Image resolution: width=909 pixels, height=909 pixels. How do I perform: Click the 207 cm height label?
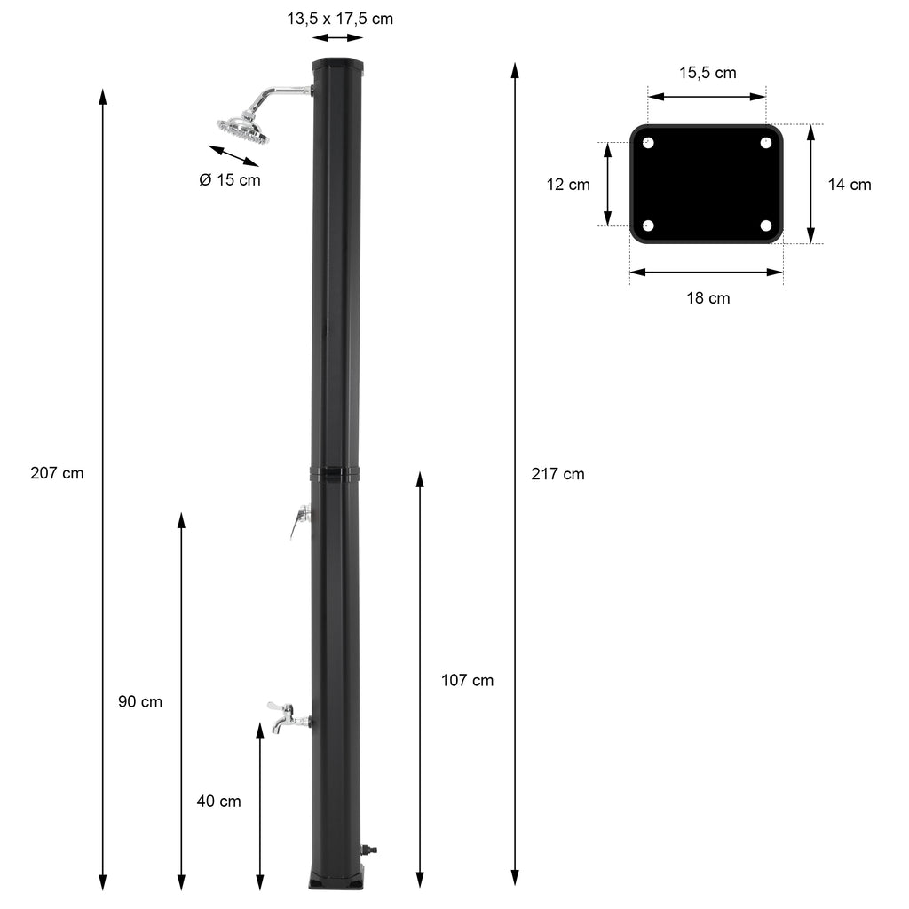pyautogui.click(x=57, y=473)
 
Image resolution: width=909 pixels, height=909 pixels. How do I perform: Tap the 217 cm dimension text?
pyautogui.click(x=557, y=474)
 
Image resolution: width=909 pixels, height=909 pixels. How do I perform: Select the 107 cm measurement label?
pyautogui.click(x=467, y=680)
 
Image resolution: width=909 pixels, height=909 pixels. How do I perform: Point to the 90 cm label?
pyautogui.click(x=140, y=701)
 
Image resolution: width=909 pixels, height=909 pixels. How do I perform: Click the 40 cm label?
pyautogui.click(x=218, y=802)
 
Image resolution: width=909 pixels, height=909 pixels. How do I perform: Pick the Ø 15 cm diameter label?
pyautogui.click(x=230, y=179)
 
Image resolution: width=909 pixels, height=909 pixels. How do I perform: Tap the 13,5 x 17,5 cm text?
pyautogui.click(x=340, y=19)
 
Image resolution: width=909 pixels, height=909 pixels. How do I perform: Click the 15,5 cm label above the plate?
pyautogui.click(x=707, y=73)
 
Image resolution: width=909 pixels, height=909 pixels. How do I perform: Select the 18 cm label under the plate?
pyautogui.click(x=707, y=298)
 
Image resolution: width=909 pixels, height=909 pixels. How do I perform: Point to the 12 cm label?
pyautogui.click(x=568, y=185)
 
